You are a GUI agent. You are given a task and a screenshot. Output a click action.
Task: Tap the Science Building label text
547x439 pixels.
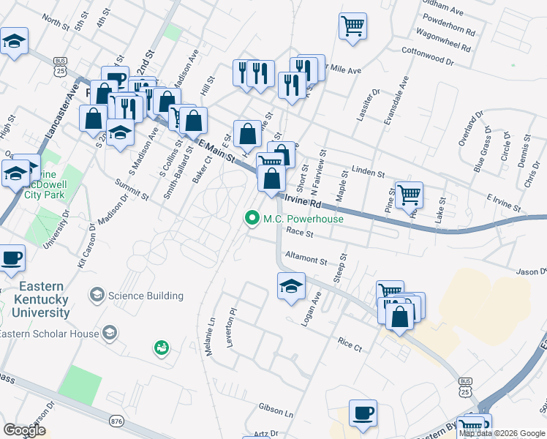(x=146, y=296)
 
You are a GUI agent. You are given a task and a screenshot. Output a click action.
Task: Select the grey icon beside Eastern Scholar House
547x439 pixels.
(x=109, y=334)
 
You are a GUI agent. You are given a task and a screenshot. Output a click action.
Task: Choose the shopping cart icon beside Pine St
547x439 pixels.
(x=409, y=195)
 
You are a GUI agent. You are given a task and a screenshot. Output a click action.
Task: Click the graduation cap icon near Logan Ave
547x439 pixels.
(x=291, y=285)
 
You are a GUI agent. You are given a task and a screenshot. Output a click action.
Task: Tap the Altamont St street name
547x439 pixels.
(x=306, y=259)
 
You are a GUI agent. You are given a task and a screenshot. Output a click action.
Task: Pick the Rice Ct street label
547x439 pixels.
(x=350, y=342)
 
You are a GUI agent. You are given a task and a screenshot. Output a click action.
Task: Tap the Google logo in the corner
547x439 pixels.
(x=25, y=430)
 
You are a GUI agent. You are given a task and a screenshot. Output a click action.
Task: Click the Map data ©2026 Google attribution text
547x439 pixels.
(x=502, y=434)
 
